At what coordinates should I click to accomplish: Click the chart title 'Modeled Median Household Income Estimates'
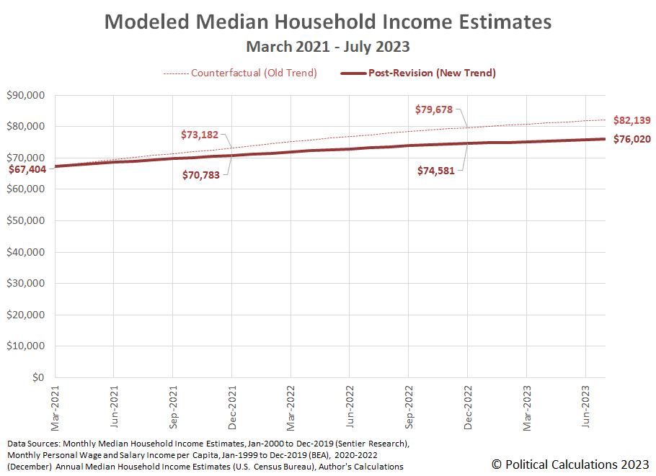328,22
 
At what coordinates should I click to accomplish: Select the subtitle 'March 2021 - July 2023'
328,47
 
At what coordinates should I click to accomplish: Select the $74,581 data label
436,171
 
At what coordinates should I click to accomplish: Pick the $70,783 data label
200,175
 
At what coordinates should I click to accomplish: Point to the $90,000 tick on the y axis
26,95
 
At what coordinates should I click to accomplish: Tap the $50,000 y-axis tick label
26,220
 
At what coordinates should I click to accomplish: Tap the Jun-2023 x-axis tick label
585,405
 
